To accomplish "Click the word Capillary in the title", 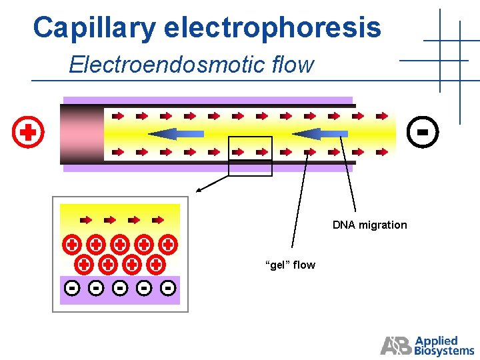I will [94, 28].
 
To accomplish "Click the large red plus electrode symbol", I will [28, 133].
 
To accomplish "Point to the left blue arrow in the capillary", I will [176, 134].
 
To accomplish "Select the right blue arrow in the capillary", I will [320, 134].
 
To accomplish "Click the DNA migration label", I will [369, 225].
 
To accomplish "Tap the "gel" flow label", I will [290, 265].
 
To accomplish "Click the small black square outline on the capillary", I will [250, 156].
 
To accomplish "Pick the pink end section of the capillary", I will [81, 134].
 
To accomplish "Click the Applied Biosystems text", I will [444, 346].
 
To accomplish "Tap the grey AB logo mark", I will [396, 345].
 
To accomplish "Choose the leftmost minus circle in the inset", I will [73, 289].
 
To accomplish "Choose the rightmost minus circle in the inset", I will [168, 289].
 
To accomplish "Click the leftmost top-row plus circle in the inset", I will [72, 245].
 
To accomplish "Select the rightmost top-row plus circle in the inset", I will [168, 245].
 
